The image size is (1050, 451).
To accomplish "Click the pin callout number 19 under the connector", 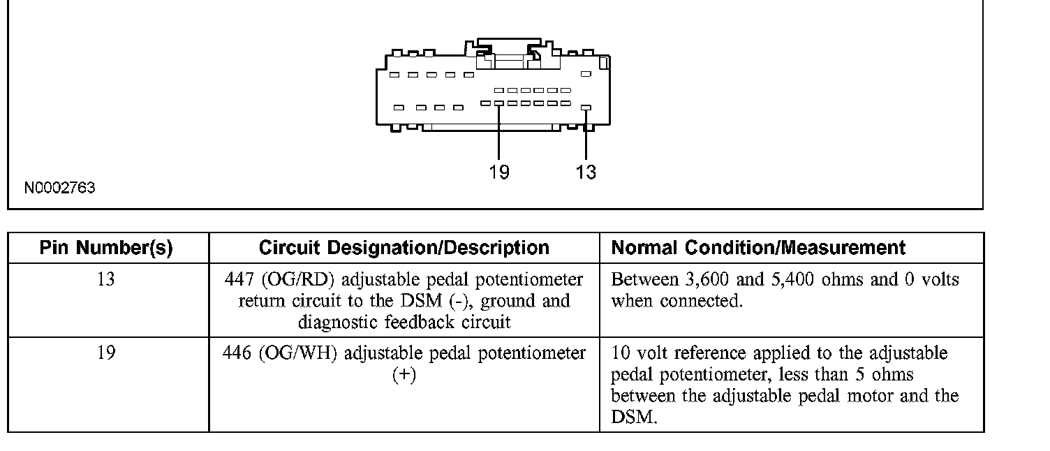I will pyautogui.click(x=498, y=172).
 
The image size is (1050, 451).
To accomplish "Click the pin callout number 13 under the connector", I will pyautogui.click(x=586, y=172).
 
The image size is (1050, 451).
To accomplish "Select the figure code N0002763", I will pyautogui.click(x=60, y=188).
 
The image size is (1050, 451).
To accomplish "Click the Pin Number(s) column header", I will pyautogui.click(x=106, y=248).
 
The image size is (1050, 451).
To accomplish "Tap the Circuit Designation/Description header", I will pyautogui.click(x=404, y=248).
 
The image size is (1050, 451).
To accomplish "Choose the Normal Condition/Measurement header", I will pyautogui.click(x=758, y=248).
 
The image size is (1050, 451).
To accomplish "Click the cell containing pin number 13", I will pyautogui.click(x=106, y=280).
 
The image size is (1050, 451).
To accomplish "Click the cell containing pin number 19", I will pyautogui.click(x=106, y=353).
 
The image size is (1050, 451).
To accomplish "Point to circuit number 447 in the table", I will pyautogui.click(x=239, y=280).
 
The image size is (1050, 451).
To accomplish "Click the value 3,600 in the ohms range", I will pyautogui.click(x=702, y=280).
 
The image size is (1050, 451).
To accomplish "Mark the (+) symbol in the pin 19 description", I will pyautogui.click(x=404, y=375).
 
